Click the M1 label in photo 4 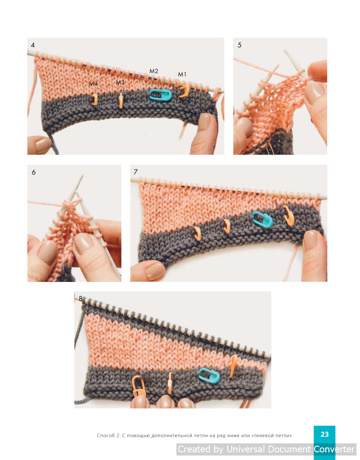tap(182, 75)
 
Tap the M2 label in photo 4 tap(154, 71)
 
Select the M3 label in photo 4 tap(120, 82)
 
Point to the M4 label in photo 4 tap(94, 84)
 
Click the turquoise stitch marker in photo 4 tap(160, 94)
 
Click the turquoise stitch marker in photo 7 tap(262, 219)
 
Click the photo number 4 tap(33, 45)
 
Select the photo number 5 tap(239, 45)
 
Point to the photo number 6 tap(34, 172)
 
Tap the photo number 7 tap(135, 172)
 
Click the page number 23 tap(324, 434)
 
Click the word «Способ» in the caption tap(106, 436)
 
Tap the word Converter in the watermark tap(334, 449)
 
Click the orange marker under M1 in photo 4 tap(184, 91)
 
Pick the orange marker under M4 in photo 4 tap(94, 99)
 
